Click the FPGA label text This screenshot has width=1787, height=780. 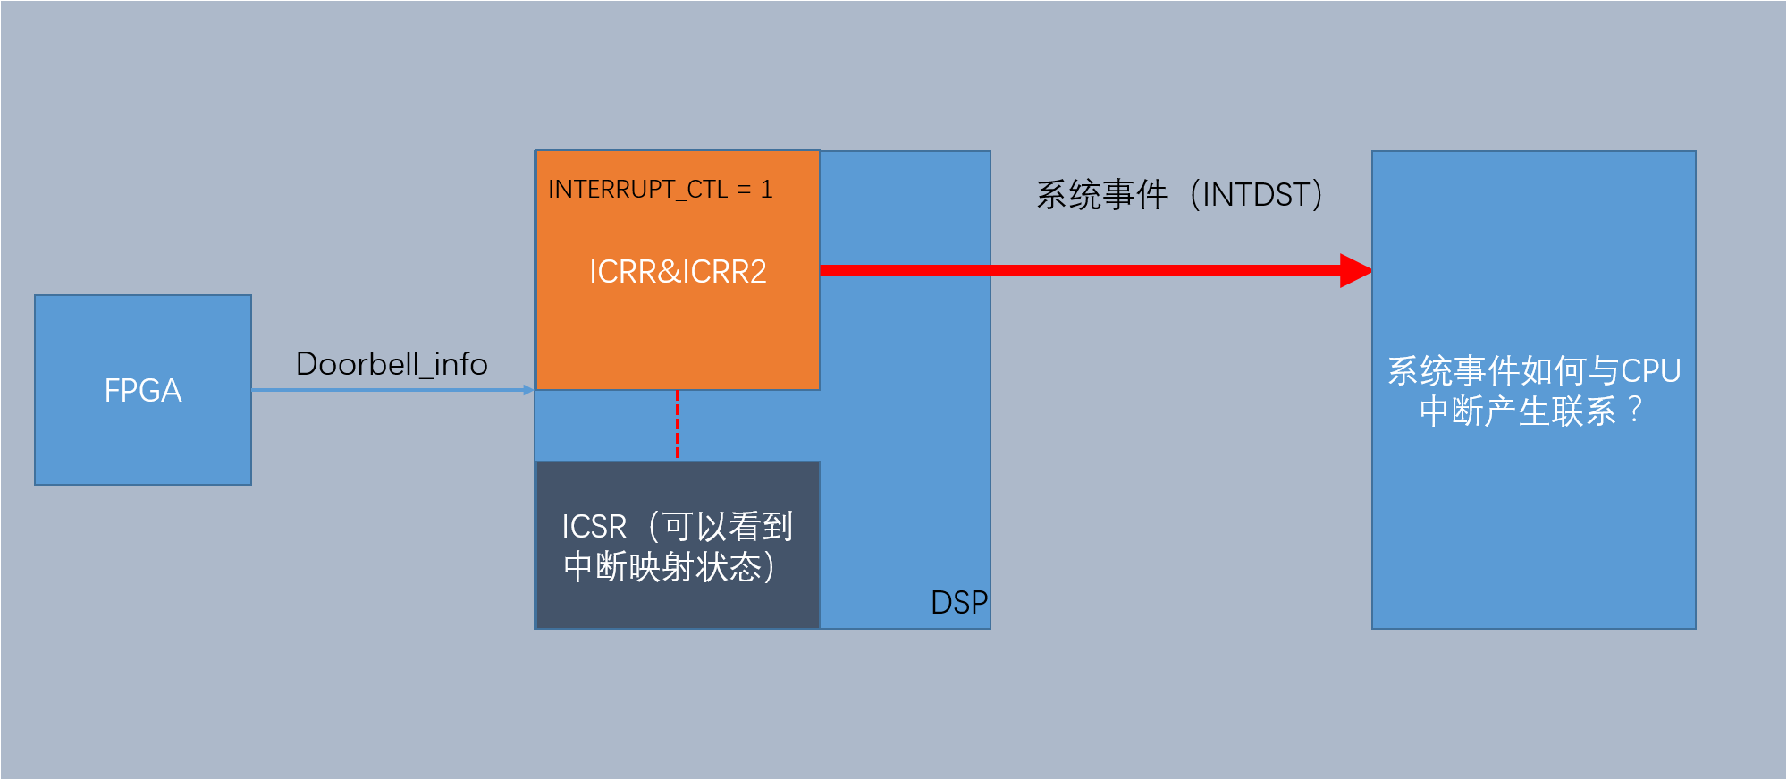pos(143,391)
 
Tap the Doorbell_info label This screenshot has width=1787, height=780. pos(392,364)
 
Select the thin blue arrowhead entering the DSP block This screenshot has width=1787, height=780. pos(528,390)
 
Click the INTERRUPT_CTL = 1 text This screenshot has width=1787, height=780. pos(660,190)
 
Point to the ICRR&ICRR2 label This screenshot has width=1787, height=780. pos(678,272)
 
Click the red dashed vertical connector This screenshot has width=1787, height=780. pos(678,425)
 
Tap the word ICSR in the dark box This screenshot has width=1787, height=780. pos(594,527)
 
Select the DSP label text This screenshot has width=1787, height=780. pos(958,603)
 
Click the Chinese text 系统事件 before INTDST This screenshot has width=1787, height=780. pos(1102,195)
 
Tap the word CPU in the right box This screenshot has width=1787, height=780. pos(1650,371)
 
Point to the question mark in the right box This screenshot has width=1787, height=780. pos(1635,411)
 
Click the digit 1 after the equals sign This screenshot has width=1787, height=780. pos(766,190)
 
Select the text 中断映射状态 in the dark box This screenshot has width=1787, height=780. pos(662,567)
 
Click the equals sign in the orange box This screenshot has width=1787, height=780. pos(744,190)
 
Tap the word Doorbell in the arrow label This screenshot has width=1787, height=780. pos(358,364)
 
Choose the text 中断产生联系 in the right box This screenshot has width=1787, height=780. pos(1518,411)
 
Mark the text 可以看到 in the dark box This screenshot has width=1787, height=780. pos(728,527)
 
